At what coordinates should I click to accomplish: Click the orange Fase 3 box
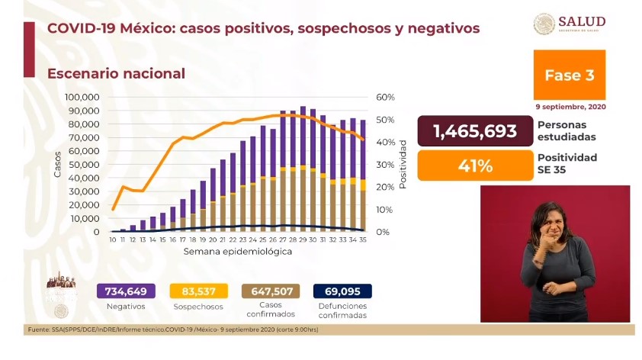tap(569, 76)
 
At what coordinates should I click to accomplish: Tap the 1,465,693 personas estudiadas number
tap(474, 131)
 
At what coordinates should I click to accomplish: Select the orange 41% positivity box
tap(474, 165)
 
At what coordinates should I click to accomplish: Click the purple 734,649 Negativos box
tap(126, 291)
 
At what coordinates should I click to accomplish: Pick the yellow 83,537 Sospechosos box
tap(197, 291)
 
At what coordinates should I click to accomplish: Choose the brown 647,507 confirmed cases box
tap(270, 291)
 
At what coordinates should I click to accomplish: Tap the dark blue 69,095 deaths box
tap(342, 291)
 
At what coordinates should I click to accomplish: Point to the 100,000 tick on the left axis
tap(82, 98)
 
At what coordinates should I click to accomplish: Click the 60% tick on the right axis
tap(384, 98)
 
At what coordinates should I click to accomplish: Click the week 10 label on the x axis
tap(113, 239)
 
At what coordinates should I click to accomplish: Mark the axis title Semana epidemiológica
tap(237, 251)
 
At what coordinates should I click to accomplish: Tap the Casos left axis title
tap(57, 165)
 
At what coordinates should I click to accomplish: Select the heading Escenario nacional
tap(116, 74)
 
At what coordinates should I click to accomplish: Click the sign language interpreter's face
tap(551, 220)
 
